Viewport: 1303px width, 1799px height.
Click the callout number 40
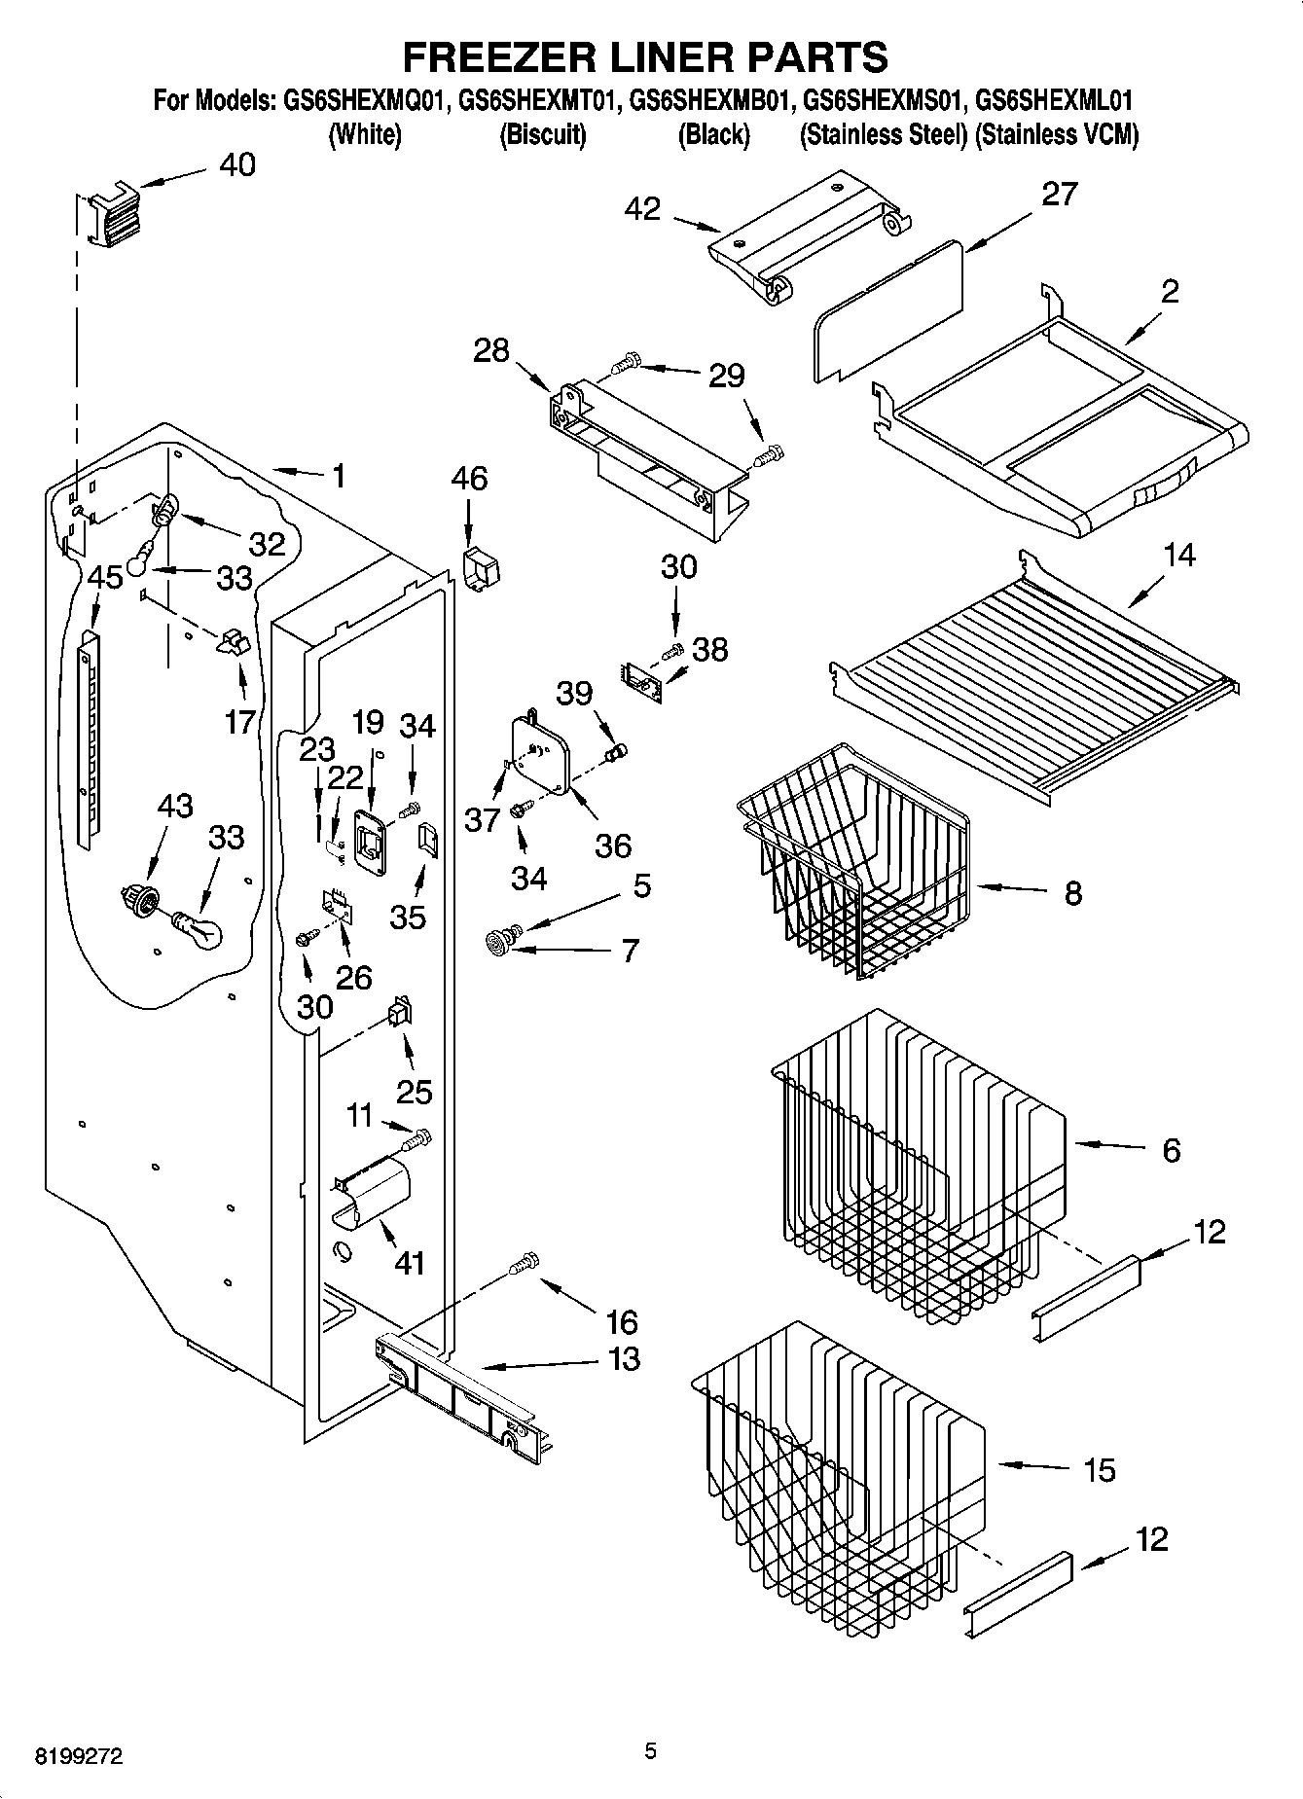pyautogui.click(x=236, y=164)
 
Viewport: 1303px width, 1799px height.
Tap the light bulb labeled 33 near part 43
pyautogui.click(x=199, y=928)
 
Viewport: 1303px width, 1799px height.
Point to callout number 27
pyautogui.click(x=1059, y=195)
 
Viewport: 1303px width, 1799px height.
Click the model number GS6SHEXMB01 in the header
pyautogui.click(x=708, y=100)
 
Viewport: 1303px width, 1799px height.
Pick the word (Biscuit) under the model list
pyautogui.click(x=542, y=134)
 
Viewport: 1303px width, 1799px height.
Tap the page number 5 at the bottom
pyautogui.click(x=650, y=1751)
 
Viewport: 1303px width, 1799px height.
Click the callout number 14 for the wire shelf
pyautogui.click(x=1178, y=556)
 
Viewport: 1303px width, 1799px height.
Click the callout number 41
pyautogui.click(x=410, y=1263)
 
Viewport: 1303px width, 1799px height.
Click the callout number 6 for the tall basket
pyautogui.click(x=1172, y=1150)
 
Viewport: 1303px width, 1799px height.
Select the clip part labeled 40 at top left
pyautogui.click(x=114, y=215)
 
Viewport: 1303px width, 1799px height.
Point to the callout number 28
pyautogui.click(x=490, y=350)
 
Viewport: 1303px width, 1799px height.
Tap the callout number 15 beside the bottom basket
pyautogui.click(x=1099, y=1470)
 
